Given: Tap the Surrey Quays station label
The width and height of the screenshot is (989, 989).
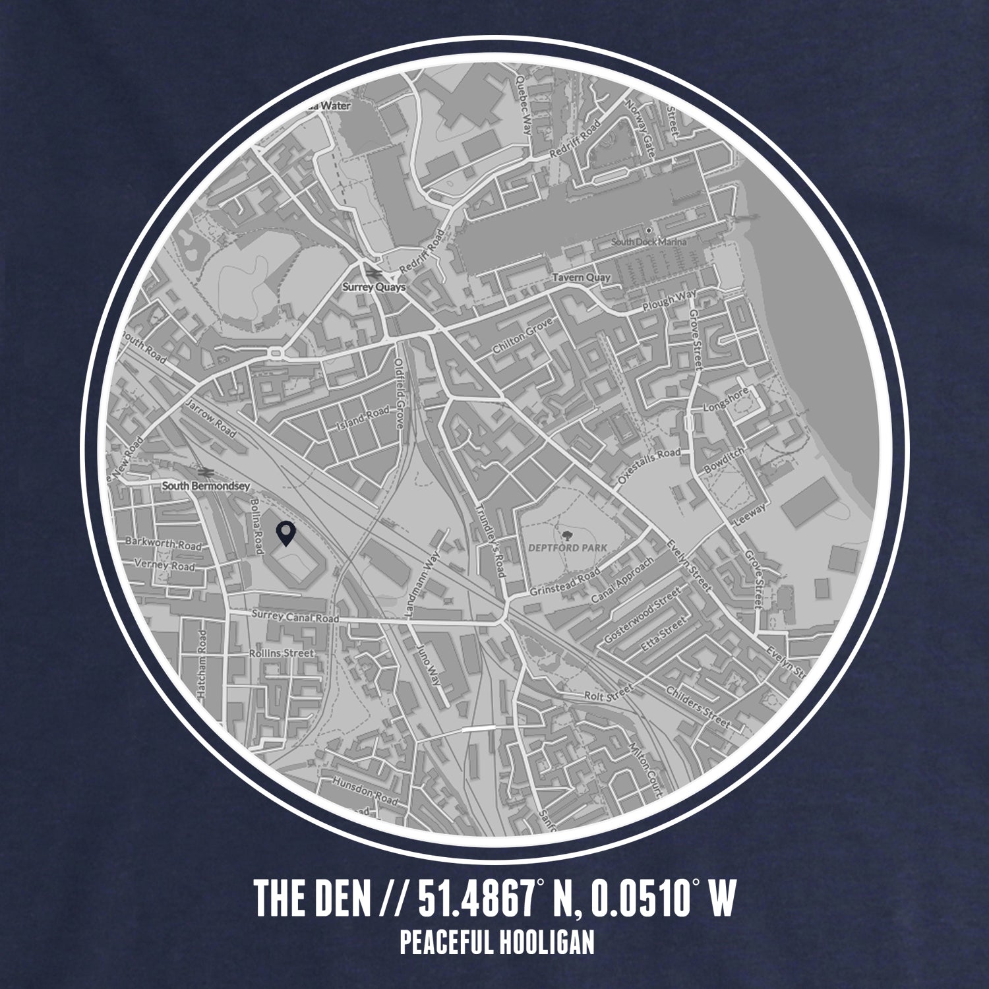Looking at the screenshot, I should (374, 287).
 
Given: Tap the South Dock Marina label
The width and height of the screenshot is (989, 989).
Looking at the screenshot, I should (649, 242).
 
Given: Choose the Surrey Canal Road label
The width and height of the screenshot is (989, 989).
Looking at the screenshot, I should (295, 617).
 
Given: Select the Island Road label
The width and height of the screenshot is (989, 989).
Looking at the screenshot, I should (363, 418).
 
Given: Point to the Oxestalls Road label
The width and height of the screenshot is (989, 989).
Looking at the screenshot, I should (649, 464).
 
